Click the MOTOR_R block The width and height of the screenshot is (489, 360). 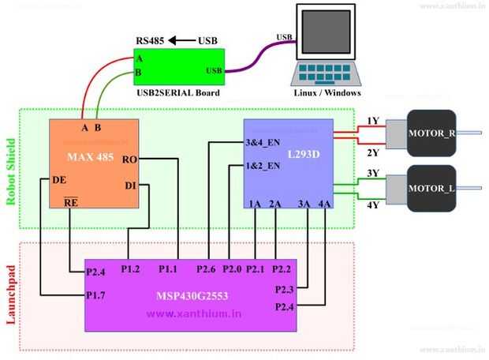[431, 131]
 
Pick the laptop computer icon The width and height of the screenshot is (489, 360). [326, 47]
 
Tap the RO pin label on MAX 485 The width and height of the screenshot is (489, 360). [130, 159]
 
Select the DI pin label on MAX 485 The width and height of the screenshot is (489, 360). [131, 186]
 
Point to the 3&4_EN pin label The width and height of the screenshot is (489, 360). [263, 143]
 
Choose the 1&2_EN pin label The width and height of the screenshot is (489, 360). [263, 166]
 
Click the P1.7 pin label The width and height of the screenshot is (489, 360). [96, 296]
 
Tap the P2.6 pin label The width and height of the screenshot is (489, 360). [207, 269]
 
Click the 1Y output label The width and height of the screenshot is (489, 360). [373, 121]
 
